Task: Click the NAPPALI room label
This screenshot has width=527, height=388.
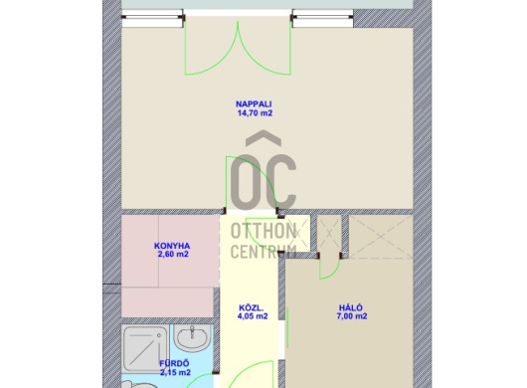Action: click(x=254, y=104)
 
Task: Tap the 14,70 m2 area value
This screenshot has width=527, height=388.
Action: click(x=255, y=113)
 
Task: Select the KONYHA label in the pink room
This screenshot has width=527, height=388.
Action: click(x=172, y=246)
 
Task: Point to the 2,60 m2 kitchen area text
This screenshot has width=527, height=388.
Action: click(x=173, y=254)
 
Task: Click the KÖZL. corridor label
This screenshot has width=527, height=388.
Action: click(x=251, y=308)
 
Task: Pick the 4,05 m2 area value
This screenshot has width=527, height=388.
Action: click(x=253, y=316)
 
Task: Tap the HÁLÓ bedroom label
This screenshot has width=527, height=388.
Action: click(x=351, y=308)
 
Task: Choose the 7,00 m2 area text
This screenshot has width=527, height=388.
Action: click(x=352, y=316)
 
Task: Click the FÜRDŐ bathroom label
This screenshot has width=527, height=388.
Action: click(x=174, y=364)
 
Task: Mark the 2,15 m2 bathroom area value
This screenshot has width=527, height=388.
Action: click(x=175, y=372)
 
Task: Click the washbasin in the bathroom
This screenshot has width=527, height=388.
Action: click(x=193, y=337)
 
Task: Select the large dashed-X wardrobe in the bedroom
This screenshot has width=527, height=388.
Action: click(x=381, y=237)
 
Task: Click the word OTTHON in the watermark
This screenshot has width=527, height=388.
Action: click(x=263, y=231)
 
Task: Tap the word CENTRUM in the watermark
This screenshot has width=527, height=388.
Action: click(x=263, y=252)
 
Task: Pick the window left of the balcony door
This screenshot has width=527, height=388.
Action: click(x=153, y=19)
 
